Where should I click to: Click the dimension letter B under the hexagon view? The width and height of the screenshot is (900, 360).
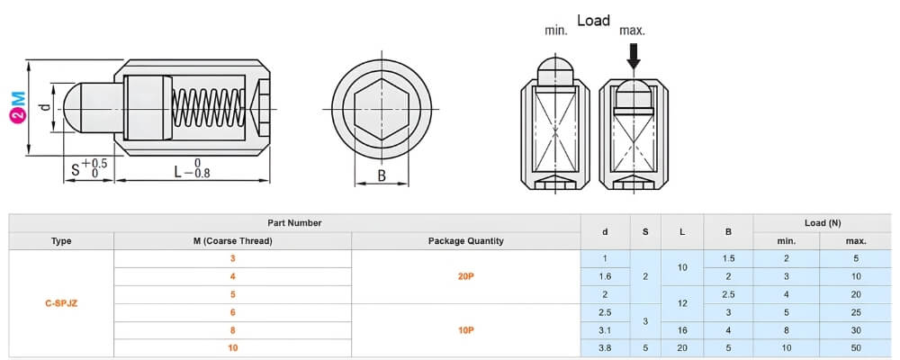point(381,175)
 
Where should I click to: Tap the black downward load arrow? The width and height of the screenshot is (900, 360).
point(634,56)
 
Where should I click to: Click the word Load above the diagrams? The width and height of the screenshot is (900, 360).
point(593,20)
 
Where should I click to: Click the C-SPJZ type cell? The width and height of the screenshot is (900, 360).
point(61,303)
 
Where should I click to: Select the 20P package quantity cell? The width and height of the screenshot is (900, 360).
point(465,276)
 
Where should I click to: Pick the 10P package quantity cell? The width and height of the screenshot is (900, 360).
point(465,330)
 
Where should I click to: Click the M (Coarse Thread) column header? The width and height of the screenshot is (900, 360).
point(232,240)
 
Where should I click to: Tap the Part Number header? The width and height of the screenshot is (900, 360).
point(294,222)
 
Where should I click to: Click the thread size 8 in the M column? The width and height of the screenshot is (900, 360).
point(232,330)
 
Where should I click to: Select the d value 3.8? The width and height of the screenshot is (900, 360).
point(604,347)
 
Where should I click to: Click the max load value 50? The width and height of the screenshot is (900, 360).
point(856,347)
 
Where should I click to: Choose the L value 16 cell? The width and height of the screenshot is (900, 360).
point(682,330)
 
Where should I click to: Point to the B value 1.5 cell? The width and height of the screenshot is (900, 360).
point(728,259)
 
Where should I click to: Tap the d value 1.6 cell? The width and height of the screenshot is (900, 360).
point(604,276)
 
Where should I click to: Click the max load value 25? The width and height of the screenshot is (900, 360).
point(856,312)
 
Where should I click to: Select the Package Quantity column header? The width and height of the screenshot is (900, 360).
point(465,240)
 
